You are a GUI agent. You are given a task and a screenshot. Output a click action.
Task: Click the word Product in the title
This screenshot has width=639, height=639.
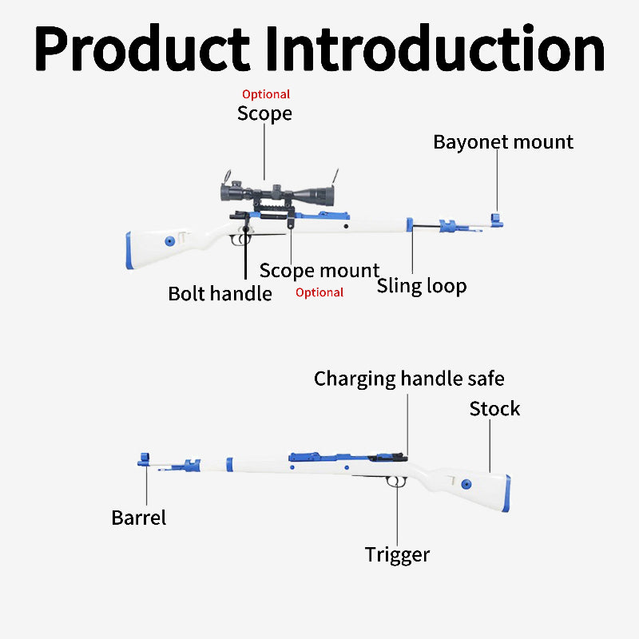pyautogui.click(x=142, y=48)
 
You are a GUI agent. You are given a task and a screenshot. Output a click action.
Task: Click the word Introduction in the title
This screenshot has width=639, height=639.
pyautogui.click(x=435, y=47)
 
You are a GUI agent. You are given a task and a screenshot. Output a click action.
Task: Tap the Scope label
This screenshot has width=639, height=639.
pyautogui.click(x=264, y=113)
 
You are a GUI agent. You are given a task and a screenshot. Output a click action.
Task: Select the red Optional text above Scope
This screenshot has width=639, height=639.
pyautogui.click(x=266, y=94)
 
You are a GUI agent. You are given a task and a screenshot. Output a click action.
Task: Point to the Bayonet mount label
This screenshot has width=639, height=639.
pyautogui.click(x=503, y=142)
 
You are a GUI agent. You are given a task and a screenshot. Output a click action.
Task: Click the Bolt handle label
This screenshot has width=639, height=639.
pyautogui.click(x=220, y=293)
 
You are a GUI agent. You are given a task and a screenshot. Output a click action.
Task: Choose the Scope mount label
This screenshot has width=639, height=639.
pyautogui.click(x=319, y=271)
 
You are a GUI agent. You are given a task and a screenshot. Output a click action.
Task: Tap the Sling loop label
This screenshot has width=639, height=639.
pyautogui.click(x=422, y=286)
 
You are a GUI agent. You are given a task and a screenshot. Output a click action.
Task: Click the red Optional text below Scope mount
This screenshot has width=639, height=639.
pyautogui.click(x=319, y=292)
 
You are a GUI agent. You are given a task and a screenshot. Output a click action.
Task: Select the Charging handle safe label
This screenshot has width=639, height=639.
pyautogui.click(x=409, y=379)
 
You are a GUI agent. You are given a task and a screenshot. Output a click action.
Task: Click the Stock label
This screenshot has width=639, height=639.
pyautogui.click(x=494, y=409)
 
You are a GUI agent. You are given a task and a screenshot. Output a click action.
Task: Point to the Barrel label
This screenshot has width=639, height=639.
pyautogui.click(x=138, y=518)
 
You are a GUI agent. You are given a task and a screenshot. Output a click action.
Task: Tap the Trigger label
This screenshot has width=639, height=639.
pyautogui.click(x=397, y=555)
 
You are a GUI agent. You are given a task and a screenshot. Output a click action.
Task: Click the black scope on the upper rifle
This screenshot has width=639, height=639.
pyautogui.click(x=277, y=193)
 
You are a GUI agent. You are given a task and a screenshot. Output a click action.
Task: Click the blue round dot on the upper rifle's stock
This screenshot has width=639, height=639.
pyautogui.click(x=170, y=241)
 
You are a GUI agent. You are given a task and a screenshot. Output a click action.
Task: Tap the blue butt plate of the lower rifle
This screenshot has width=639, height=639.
pyautogui.click(x=506, y=494)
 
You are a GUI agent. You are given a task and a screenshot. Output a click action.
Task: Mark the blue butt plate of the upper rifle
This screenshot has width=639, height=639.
pyautogui.click(x=129, y=251)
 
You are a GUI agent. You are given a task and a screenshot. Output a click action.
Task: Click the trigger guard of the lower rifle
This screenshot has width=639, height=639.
pyautogui.click(x=395, y=482)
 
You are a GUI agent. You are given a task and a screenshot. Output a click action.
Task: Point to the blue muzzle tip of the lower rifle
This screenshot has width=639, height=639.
pyautogui.click(x=144, y=459)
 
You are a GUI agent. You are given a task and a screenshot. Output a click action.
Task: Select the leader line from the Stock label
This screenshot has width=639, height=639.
pyautogui.click(x=490, y=446)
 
